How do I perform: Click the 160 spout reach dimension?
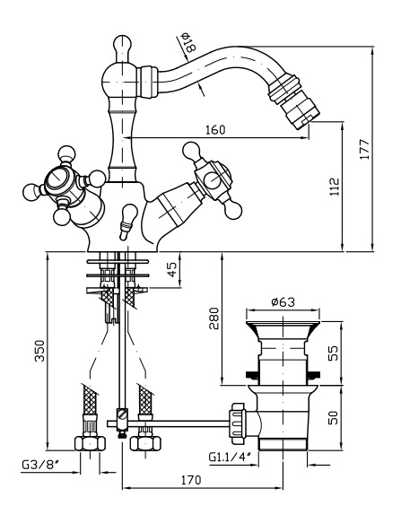[215, 129]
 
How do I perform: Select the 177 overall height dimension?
[364, 149]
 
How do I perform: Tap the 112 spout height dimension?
[335, 187]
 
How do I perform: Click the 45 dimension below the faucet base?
[173, 269]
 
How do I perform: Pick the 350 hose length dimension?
[39, 351]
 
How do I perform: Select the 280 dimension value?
[214, 318]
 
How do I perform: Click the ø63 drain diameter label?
[283, 301]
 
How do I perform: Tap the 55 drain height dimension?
[334, 353]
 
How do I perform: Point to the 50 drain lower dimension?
[334, 417]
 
